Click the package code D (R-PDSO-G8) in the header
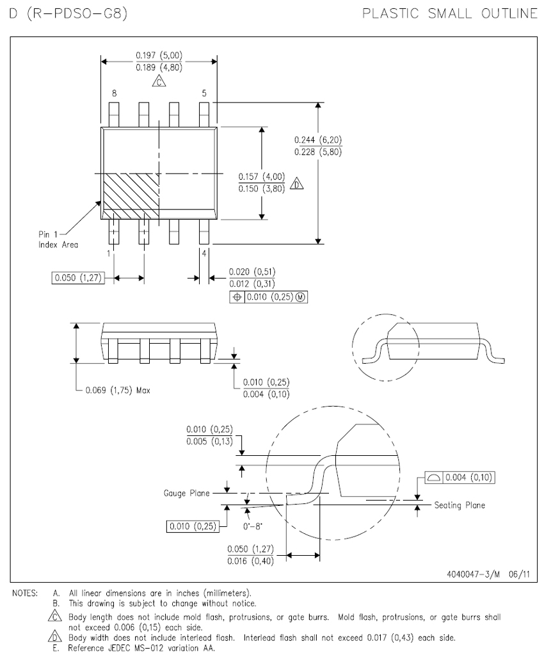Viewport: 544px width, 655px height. [x=68, y=13]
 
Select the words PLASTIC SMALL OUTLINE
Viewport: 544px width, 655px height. [x=450, y=13]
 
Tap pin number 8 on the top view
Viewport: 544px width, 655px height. [x=114, y=93]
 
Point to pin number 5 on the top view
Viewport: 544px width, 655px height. [x=204, y=93]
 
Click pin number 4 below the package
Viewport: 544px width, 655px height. [x=204, y=253]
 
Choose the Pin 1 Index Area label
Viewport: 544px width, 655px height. [x=58, y=239]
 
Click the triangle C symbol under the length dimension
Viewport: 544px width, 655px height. [x=159, y=81]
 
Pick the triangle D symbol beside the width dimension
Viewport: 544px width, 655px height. [x=297, y=183]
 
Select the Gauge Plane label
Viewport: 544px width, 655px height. [x=186, y=494]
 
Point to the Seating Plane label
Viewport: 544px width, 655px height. [x=460, y=505]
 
